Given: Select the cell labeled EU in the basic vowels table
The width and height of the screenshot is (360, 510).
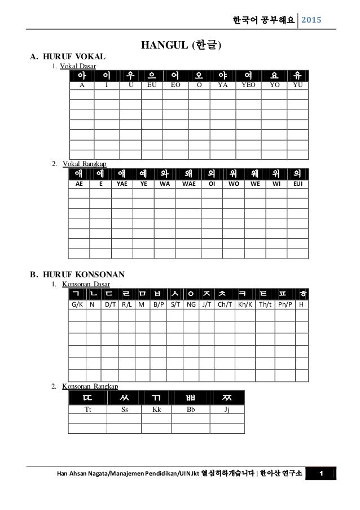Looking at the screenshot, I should [x=151, y=86].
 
